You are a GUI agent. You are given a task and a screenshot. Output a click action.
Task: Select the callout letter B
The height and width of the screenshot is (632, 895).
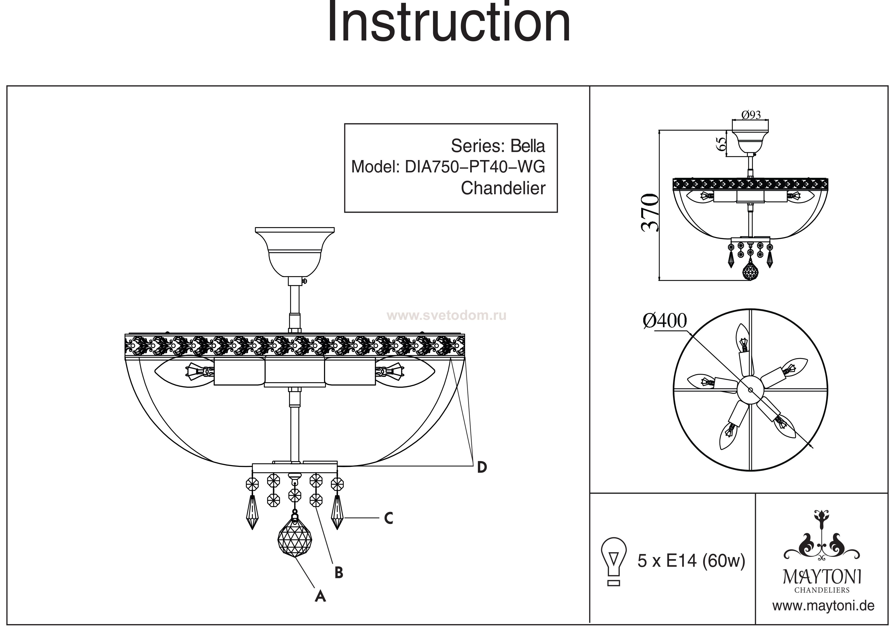click(339, 572)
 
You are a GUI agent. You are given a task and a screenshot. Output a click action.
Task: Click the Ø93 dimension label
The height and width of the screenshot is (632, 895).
click(751, 115)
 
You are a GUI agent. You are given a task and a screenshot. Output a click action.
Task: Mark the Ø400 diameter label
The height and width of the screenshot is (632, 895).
click(665, 321)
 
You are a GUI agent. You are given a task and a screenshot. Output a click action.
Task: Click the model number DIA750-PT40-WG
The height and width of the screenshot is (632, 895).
click(475, 167)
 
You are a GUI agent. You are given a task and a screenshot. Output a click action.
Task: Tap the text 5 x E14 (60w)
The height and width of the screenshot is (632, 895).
click(691, 561)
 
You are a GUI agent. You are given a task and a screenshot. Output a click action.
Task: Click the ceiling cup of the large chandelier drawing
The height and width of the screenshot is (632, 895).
click(294, 251)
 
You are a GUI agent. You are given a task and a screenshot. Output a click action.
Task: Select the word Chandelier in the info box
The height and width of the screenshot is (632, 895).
click(503, 189)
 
